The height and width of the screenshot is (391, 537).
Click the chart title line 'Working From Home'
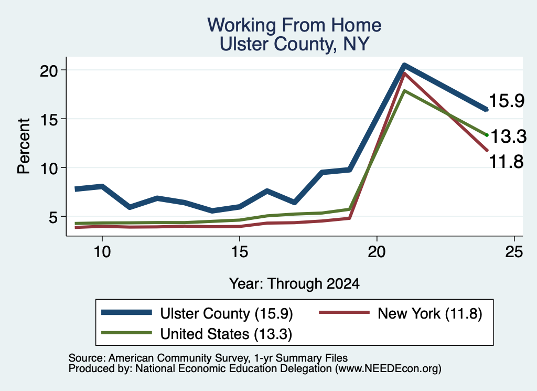[x=294, y=25]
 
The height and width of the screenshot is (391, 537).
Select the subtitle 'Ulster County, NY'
[x=294, y=44]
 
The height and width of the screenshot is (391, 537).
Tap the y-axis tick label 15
[x=49, y=119]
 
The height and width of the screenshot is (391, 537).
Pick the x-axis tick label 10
[x=102, y=252]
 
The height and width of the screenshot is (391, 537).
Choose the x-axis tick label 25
[x=514, y=252]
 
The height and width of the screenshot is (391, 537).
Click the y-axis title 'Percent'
[x=24, y=146]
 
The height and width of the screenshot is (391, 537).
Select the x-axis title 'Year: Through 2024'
[x=294, y=284]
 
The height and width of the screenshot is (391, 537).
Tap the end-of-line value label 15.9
[x=507, y=101]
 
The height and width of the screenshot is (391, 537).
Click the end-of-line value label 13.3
[x=508, y=136]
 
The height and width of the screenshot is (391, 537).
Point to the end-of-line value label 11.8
[x=506, y=162]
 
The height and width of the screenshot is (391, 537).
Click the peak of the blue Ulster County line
[x=404, y=65]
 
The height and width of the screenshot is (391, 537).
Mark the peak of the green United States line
[x=404, y=91]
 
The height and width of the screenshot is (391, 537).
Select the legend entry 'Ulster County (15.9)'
[x=197, y=313]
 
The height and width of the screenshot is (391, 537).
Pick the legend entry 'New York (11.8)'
[x=401, y=313]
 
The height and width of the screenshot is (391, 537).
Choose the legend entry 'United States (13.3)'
[x=197, y=334]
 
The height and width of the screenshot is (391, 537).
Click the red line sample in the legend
[x=344, y=312]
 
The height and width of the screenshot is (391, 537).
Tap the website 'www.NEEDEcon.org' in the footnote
[x=388, y=369]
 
